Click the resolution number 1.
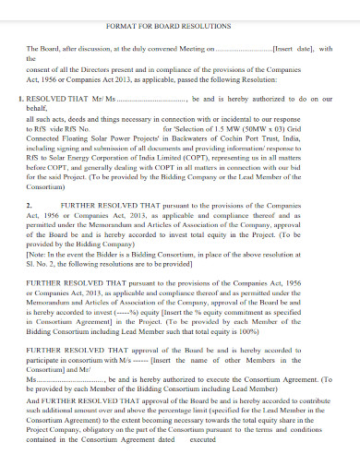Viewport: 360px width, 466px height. pyautogui.click(x=21, y=97)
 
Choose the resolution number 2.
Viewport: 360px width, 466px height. pyautogui.click(x=30, y=178)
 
